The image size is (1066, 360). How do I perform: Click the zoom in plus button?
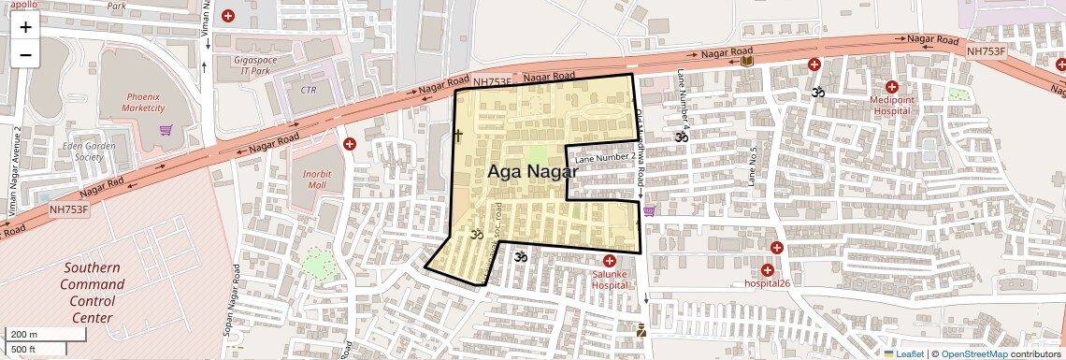[25, 27]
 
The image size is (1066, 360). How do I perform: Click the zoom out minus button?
[25, 54]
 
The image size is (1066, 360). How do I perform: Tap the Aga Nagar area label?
[530, 172]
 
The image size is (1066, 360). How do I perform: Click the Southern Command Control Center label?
[92, 292]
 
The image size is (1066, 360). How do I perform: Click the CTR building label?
[310, 91]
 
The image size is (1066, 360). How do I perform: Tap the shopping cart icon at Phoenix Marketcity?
[166, 130]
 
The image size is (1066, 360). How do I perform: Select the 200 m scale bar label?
[24, 335]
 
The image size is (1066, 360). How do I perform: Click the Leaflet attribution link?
[904, 353]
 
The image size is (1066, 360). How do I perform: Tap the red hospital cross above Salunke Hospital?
[610, 261]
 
